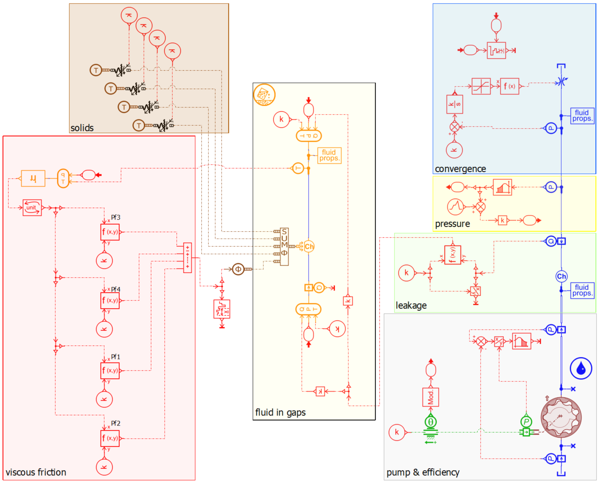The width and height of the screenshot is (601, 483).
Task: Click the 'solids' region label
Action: [x=82, y=128]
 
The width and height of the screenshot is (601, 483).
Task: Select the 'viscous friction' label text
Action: [x=36, y=472]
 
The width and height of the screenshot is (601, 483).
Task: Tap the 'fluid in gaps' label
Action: [x=280, y=412]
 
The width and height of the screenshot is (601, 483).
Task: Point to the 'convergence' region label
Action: [x=461, y=169]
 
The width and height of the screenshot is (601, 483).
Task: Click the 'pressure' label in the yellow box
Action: [x=453, y=224]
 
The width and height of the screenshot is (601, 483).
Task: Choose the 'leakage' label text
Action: [x=411, y=306]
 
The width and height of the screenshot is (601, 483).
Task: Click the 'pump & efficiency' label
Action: [x=423, y=472]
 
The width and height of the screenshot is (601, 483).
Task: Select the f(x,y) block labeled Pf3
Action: [x=110, y=232]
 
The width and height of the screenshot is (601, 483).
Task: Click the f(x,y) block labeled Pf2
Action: [x=110, y=439]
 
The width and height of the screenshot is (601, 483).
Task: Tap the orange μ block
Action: [x=33, y=179]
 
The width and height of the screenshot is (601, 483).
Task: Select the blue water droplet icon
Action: [x=581, y=368]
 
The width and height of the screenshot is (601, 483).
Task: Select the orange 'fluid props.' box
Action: [x=330, y=155]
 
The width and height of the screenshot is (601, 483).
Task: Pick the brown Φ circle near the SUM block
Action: [x=238, y=269]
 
